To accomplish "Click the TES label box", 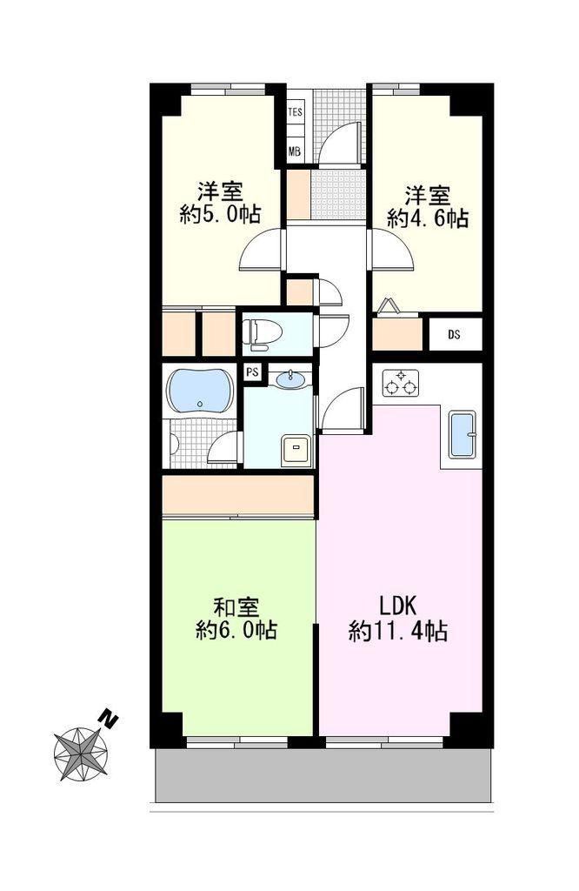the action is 296,112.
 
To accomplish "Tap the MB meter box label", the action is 294,151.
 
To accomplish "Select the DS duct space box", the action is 454,335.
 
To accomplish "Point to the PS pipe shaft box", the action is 253,372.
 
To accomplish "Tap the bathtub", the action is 200,391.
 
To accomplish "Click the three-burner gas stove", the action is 401,383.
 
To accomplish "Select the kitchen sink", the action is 462,434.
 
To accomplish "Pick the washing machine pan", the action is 296,451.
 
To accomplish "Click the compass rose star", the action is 81,754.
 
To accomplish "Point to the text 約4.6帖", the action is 428,218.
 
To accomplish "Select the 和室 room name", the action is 236,607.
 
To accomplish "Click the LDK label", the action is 398,606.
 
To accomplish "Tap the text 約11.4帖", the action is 398,631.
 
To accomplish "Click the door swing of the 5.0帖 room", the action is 262,249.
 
